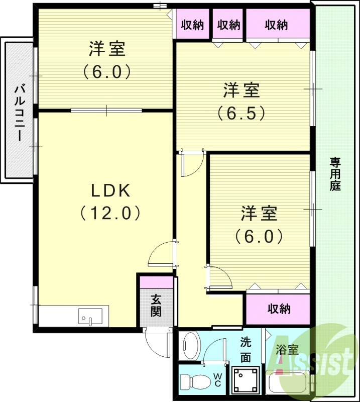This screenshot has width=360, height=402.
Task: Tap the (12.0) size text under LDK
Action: tap(109, 213)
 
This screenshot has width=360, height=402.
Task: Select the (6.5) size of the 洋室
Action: tap(241, 113)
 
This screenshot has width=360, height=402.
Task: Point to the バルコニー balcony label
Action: tap(20, 113)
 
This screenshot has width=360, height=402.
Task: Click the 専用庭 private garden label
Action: tap(335, 174)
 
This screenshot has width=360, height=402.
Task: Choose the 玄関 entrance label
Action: tap(156, 305)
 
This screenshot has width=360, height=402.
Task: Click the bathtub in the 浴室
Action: tap(289, 385)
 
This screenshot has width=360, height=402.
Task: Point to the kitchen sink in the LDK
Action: tap(90, 317)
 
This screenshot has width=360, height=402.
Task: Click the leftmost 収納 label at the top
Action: tap(192, 24)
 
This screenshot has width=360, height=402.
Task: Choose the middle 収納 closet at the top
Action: tap(228, 24)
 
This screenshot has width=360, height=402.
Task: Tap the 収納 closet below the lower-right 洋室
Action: tap(279, 309)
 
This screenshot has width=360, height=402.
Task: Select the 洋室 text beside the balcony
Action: tap(107, 50)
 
